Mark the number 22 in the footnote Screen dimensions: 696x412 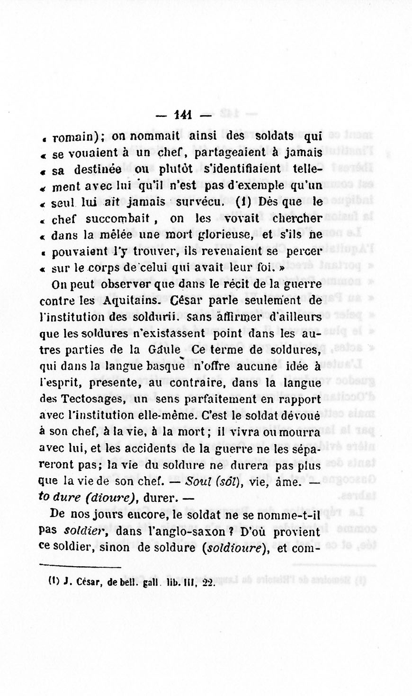[x=208, y=583]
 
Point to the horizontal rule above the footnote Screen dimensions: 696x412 [x=80, y=567]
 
